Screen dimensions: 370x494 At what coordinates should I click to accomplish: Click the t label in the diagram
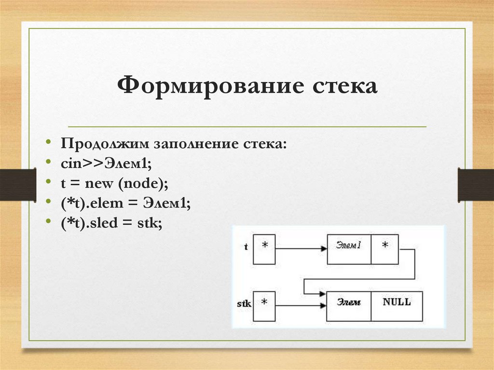click(x=246, y=247)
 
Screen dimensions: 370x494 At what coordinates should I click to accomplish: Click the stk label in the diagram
click(x=245, y=304)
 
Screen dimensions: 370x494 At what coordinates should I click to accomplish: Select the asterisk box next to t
click(x=264, y=249)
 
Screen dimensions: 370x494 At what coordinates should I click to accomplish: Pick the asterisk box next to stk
click(x=264, y=306)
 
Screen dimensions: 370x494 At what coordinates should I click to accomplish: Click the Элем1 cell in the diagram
click(x=349, y=249)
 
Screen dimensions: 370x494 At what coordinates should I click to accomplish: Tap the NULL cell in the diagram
click(x=397, y=306)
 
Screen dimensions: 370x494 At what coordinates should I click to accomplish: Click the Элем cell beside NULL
click(x=348, y=306)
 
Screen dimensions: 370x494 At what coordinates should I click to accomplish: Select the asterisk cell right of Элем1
click(x=385, y=249)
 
